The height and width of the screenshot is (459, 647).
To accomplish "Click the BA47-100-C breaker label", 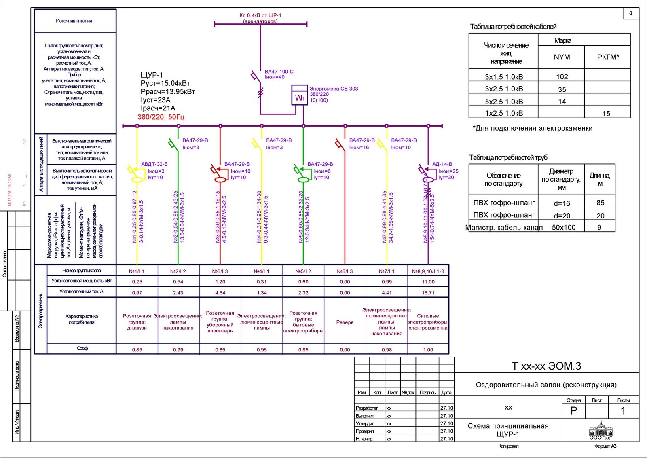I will pyautogui.click(x=279, y=72).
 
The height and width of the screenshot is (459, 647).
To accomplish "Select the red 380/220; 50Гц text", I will pyautogui.click(x=161, y=117).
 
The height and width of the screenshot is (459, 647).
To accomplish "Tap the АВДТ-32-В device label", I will pyautogui.click(x=154, y=164).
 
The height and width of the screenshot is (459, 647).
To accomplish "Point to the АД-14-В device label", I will pyautogui.click(x=442, y=164).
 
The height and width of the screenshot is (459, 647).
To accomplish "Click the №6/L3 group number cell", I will pyautogui.click(x=345, y=271).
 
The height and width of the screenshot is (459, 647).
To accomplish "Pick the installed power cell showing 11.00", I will pyautogui.click(x=428, y=282).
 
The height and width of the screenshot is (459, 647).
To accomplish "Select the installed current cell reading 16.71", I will pyautogui.click(x=428, y=293).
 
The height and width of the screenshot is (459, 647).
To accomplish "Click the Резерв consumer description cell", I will pyautogui.click(x=345, y=322).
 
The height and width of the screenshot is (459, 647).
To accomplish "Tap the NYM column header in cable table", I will pyautogui.click(x=562, y=57).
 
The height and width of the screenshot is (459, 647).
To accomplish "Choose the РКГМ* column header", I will pyautogui.click(x=608, y=57).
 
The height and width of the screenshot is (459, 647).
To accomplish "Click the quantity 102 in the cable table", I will pyautogui.click(x=562, y=77).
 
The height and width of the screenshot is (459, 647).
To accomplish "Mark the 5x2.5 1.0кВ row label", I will pyautogui.click(x=504, y=102).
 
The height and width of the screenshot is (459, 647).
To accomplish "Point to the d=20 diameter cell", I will pyautogui.click(x=562, y=216).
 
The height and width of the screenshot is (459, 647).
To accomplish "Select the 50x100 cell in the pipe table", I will pyautogui.click(x=563, y=227).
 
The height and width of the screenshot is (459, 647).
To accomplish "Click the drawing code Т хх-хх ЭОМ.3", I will pyautogui.click(x=546, y=366).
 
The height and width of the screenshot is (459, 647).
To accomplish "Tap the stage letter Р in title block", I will pyautogui.click(x=573, y=411).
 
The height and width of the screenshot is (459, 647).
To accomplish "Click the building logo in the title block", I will pyautogui.click(x=600, y=429).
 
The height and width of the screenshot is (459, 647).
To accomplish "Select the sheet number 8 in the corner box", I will pyautogui.click(x=630, y=13).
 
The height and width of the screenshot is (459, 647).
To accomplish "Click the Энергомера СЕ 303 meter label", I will pyautogui.click(x=334, y=89).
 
